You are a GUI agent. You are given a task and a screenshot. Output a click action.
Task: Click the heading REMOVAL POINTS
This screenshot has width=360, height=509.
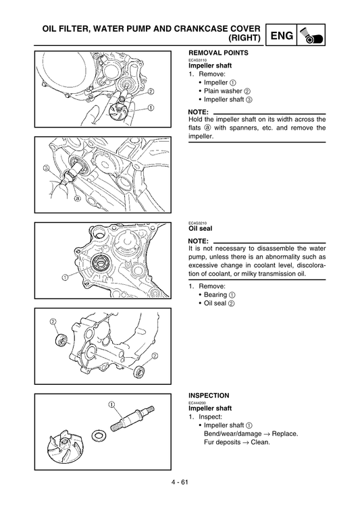pyautogui.click(x=217, y=53)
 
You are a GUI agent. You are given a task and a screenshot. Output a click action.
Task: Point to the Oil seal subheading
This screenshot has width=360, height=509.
pyautogui.click(x=200, y=228)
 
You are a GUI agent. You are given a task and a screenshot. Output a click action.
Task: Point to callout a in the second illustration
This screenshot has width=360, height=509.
pyautogui.click(x=77, y=199)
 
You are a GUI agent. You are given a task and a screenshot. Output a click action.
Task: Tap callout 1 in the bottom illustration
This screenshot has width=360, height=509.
pyautogui.click(x=109, y=404)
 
